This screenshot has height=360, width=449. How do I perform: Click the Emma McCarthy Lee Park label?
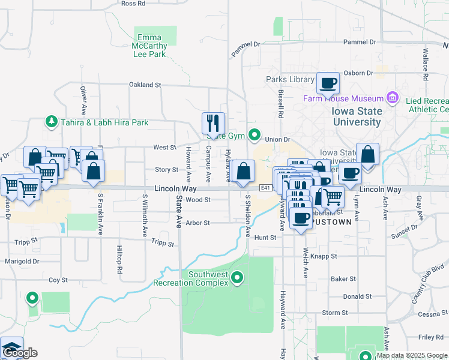(x=149, y=46)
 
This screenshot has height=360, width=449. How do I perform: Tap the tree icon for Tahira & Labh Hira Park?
(x=52, y=122)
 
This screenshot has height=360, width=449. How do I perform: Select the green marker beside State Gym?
(x=255, y=135)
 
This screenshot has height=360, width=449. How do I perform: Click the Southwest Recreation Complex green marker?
(x=238, y=277)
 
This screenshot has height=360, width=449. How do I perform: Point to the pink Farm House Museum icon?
(x=393, y=97)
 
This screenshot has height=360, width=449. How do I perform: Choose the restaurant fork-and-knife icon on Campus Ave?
(x=213, y=124)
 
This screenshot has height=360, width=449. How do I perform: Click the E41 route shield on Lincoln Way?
(x=266, y=188)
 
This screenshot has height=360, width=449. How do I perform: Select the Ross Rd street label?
(x=133, y=4)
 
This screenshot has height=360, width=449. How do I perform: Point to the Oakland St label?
(x=145, y=85)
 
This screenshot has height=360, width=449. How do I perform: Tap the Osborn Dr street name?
(x=358, y=73)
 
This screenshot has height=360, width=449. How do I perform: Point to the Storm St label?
(x=335, y=313)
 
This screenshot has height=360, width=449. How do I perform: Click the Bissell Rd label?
(x=280, y=104)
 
